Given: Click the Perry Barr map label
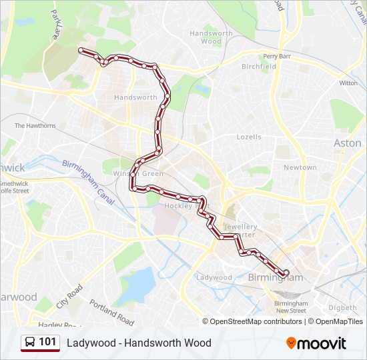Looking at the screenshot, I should tap(277, 57).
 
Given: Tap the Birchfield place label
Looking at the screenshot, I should tap(259, 67).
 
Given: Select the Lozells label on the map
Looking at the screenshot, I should tap(249, 137).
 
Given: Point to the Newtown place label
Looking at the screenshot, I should tap(300, 167).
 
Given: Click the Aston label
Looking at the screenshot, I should tap(347, 143).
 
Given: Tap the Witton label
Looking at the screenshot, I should tap(348, 83).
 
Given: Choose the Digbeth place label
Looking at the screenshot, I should tap(343, 307).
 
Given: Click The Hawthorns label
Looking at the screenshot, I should tap(35, 125).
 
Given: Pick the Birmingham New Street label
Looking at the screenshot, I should tap(291, 307).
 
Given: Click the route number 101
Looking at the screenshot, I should tap(48, 342).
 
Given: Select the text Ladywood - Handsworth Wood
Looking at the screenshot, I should tap(139, 343).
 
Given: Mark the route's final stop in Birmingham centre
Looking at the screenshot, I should tap(286, 273).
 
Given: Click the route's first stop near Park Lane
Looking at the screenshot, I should tap(81, 50).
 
